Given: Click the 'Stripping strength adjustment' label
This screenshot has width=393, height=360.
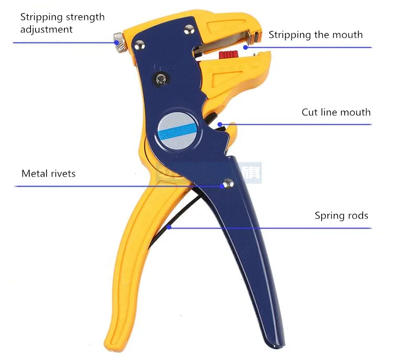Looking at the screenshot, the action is click(x=62, y=23).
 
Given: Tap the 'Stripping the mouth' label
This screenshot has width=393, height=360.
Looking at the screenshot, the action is click(x=315, y=35).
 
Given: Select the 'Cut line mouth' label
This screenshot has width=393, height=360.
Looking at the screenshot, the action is click(x=336, y=112).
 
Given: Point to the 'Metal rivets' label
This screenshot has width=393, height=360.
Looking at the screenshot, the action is click(x=49, y=173).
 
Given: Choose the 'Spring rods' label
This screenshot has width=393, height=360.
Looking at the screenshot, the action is click(x=341, y=215).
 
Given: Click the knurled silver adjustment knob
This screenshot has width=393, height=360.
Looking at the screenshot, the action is click(x=118, y=42).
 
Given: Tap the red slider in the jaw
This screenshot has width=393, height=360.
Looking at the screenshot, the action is click(x=228, y=54).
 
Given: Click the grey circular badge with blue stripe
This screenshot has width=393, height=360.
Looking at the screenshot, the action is click(x=178, y=130).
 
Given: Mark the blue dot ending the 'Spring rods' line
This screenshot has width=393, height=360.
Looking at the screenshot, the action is click(x=169, y=227).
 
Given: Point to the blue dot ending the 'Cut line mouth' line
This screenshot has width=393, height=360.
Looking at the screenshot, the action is click(x=220, y=124).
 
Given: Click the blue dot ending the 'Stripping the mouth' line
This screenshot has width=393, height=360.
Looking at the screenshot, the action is click(x=246, y=47).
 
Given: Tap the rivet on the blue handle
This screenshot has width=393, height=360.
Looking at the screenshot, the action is click(x=228, y=183).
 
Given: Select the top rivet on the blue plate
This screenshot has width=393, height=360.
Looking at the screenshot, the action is click(x=189, y=30).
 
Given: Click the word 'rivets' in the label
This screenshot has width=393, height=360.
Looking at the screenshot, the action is click(x=63, y=173).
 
